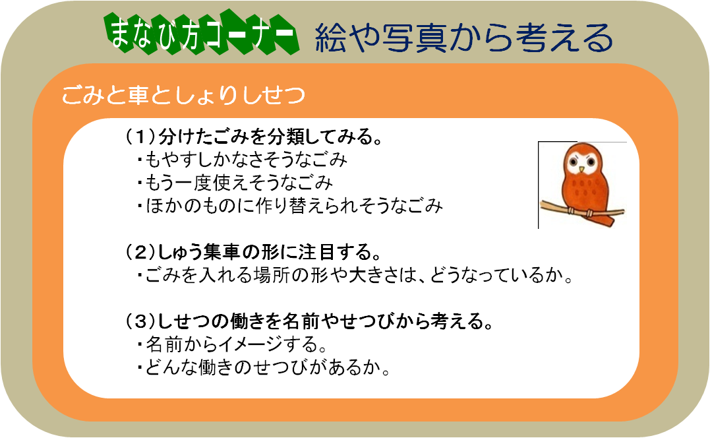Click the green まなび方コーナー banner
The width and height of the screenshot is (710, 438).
click(202, 34)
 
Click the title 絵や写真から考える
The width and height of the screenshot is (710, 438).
click(464, 37)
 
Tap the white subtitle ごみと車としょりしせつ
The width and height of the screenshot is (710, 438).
click(183, 95)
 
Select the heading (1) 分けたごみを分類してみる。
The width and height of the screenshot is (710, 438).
click(254, 137)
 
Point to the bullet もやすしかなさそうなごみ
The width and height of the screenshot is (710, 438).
click(242, 160)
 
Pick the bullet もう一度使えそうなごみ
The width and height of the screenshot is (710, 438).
click(235, 183)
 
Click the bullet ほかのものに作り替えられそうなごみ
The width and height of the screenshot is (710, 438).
click(290, 206)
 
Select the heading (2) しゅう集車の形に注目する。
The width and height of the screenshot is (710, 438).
click(253, 252)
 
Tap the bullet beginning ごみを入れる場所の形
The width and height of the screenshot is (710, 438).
click(355, 275)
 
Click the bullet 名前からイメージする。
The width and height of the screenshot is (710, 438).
click(232, 344)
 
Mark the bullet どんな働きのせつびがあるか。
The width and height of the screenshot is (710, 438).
click(264, 367)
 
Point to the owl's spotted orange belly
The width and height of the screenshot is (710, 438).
click(583, 190)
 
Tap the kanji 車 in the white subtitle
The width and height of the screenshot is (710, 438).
click(138, 95)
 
